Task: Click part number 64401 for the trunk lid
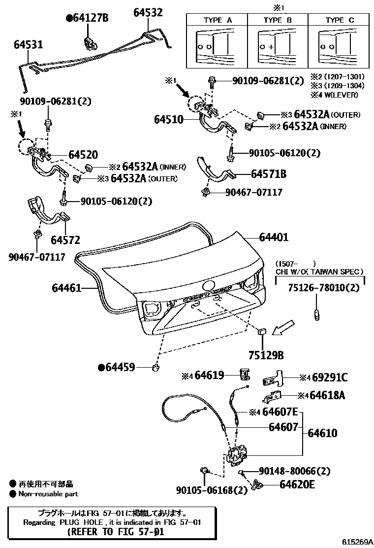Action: pos(270,238)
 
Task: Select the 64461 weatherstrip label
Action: pos(66,287)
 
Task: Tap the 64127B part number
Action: pos(87,19)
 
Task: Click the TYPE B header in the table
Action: pos(278,20)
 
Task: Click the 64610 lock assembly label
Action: pos(322,433)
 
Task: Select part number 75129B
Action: pos(265,355)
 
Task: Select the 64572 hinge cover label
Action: pos(65,240)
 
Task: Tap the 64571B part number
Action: pos(268,174)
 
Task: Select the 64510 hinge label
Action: pos(168,119)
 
